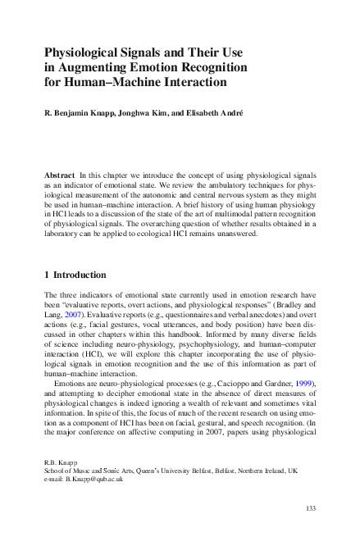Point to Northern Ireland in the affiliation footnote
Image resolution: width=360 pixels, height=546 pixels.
272,480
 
